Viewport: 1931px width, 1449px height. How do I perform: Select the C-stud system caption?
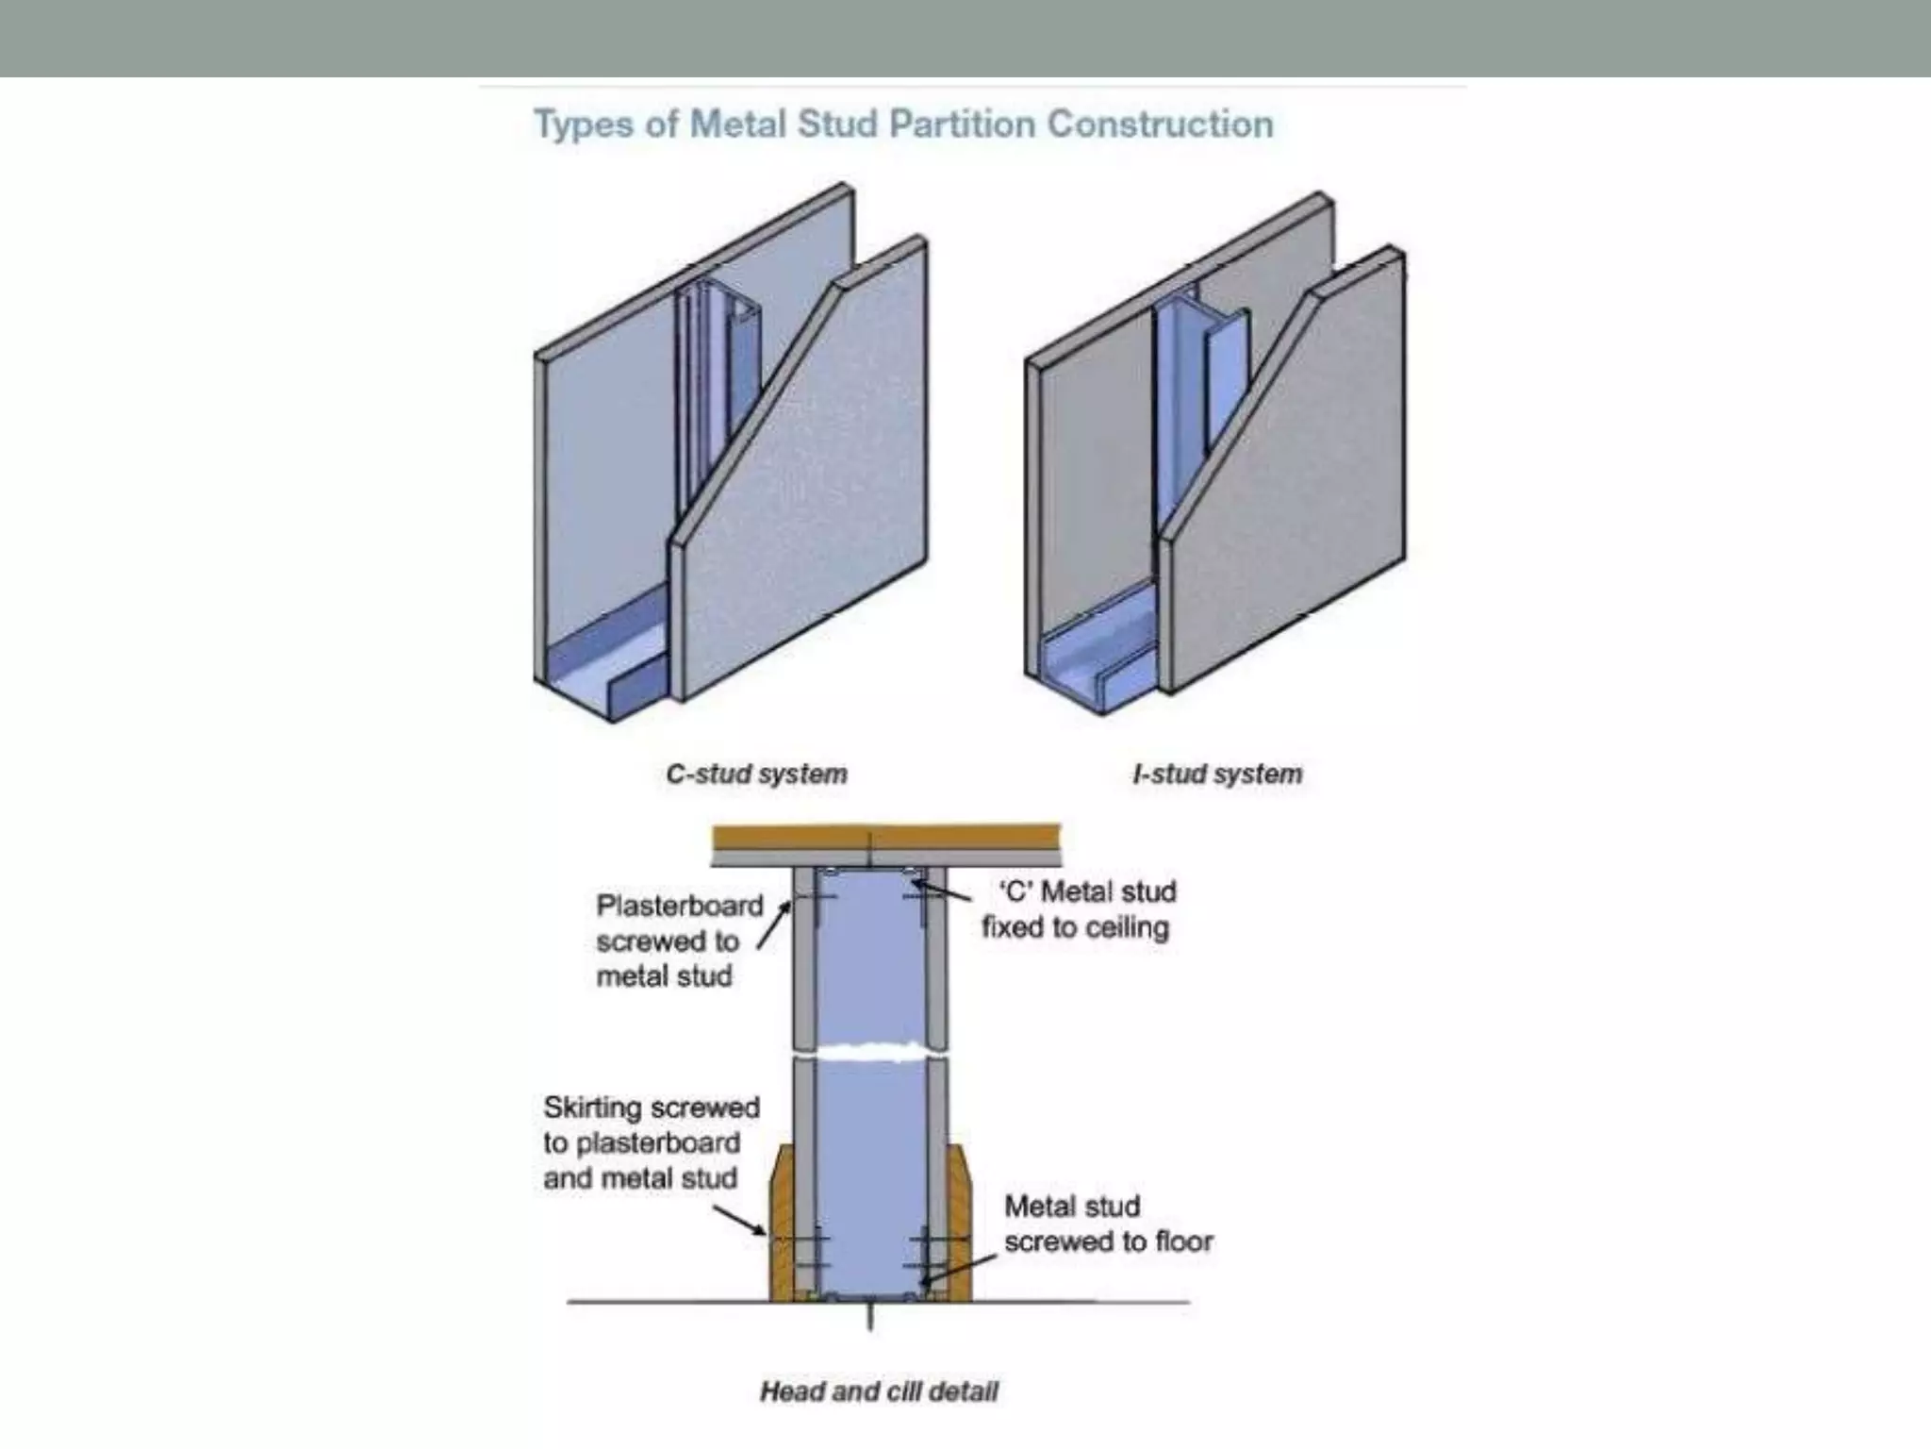[x=756, y=774]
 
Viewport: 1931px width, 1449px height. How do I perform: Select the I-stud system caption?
[x=1217, y=774]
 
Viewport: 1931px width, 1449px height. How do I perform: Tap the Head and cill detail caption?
[x=879, y=1391]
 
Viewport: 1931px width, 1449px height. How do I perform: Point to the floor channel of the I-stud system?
[x=1094, y=660]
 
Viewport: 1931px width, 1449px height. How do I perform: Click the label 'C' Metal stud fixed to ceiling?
[x=1080, y=909]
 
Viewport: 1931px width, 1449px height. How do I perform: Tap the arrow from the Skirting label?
[x=740, y=1220]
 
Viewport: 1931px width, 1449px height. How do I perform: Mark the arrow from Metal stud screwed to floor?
[x=962, y=1269]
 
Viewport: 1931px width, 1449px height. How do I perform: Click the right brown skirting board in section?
[x=958, y=1226]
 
